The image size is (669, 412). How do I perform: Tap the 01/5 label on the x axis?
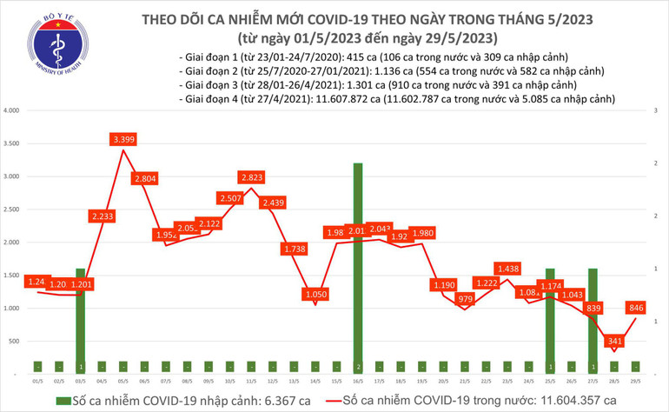click(x=38, y=380)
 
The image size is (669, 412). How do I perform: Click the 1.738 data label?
click(x=294, y=249)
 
